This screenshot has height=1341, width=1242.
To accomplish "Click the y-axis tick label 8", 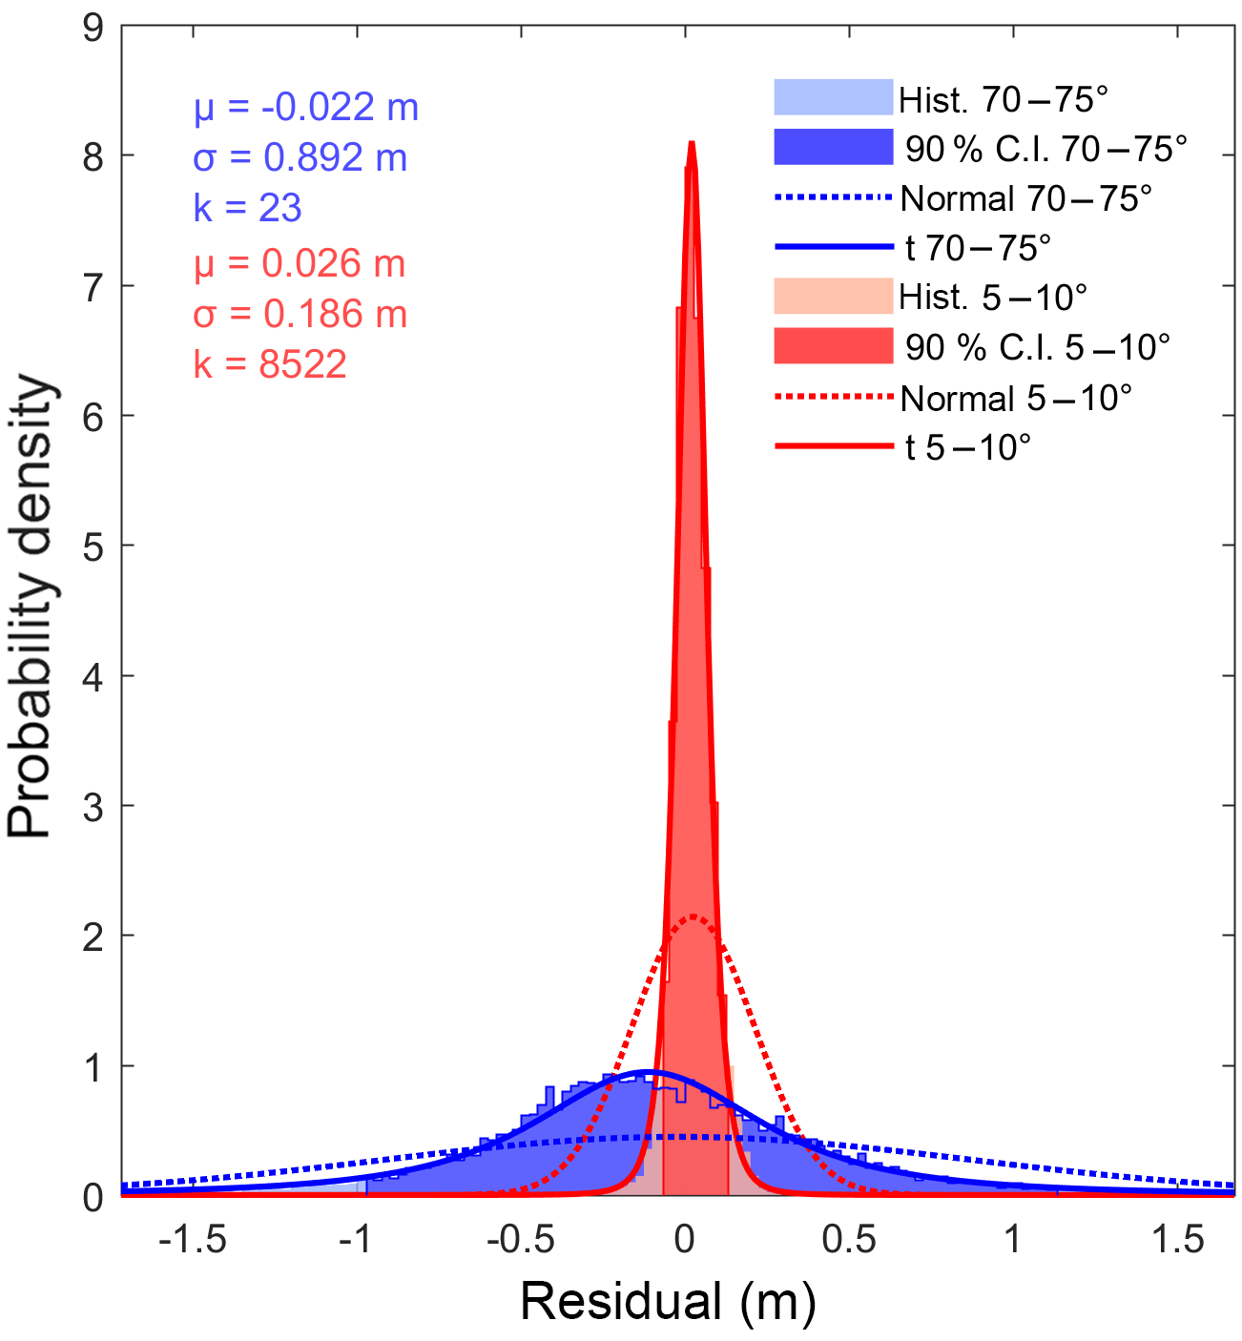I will pyautogui.click(x=93, y=156).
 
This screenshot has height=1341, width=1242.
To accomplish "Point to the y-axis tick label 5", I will pyautogui.click(x=93, y=547).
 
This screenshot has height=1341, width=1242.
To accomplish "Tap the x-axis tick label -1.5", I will pyautogui.click(x=193, y=1239).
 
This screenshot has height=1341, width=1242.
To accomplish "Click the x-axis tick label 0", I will pyautogui.click(x=684, y=1239).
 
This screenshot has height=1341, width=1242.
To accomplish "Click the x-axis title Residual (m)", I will pyautogui.click(x=668, y=1302).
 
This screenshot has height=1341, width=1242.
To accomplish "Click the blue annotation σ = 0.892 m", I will pyautogui.click(x=300, y=157).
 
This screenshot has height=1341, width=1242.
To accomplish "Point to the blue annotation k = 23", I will pyautogui.click(x=248, y=208).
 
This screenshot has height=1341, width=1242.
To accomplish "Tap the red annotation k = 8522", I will pyautogui.click(x=270, y=364).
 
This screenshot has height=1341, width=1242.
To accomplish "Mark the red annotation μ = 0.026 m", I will pyautogui.click(x=300, y=264).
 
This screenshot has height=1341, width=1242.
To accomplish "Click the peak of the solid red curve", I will pyautogui.click(x=692, y=143).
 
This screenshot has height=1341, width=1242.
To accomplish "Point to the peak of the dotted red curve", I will pyautogui.click(x=693, y=918).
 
